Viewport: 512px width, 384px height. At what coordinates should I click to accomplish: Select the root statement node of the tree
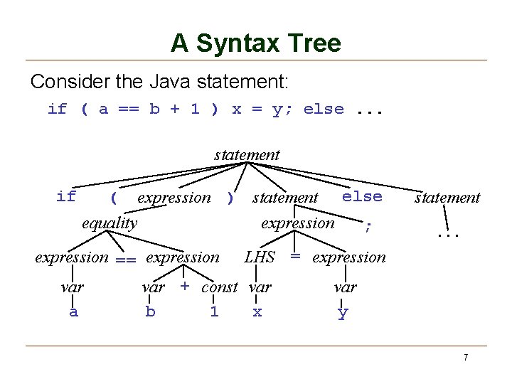click(x=247, y=154)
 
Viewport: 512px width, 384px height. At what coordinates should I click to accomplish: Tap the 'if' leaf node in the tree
click(x=66, y=196)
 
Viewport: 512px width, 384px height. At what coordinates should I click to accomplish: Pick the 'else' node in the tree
click(x=362, y=196)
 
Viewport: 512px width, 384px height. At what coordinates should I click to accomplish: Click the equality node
click(x=110, y=223)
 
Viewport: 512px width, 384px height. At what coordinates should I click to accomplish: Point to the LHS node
click(x=259, y=257)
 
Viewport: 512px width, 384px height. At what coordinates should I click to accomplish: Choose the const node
click(x=220, y=287)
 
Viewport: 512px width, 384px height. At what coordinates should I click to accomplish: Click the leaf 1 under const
click(x=214, y=311)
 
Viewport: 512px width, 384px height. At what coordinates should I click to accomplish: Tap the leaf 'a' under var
click(x=73, y=311)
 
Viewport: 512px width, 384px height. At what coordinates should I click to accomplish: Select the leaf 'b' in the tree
click(x=150, y=311)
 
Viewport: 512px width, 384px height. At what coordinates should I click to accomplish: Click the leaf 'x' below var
click(x=257, y=311)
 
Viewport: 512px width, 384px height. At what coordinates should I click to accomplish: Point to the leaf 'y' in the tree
click(x=343, y=313)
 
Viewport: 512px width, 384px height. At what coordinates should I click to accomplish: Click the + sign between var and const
click(x=184, y=287)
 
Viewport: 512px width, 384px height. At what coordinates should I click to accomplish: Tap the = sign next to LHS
click(x=294, y=257)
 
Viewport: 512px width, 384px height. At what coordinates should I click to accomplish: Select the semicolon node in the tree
click(x=367, y=227)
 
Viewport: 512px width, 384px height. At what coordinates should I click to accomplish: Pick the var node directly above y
click(x=345, y=287)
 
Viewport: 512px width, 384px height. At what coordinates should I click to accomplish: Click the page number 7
click(x=465, y=357)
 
